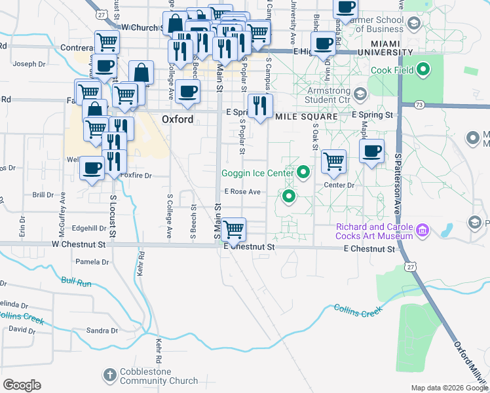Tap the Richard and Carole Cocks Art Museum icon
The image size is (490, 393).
pos(423,231)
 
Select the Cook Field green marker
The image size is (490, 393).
pos(423,69)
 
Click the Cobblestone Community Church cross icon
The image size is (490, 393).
pos(109,375)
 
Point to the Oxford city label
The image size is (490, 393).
pos(178,119)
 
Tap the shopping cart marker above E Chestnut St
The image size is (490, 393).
pos(233,230)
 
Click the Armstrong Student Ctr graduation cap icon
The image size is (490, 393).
pos(360,94)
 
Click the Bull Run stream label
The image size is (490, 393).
pos(76,282)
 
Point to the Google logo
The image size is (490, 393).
pos(22,385)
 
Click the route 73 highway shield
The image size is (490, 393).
pos(420,104)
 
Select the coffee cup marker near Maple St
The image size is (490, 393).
pos(372,151)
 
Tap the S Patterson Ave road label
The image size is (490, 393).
pos(398,184)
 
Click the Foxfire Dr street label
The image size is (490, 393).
pos(136,176)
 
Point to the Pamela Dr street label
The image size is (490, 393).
pos(92,262)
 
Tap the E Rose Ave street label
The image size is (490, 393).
pos(242,192)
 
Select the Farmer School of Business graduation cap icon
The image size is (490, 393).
pos(413,24)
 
